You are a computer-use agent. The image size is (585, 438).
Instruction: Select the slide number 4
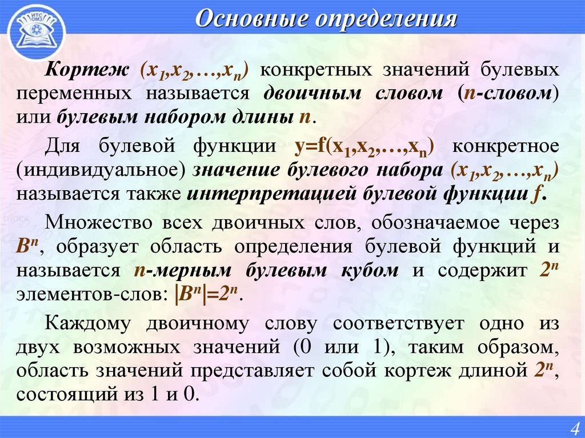573,427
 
